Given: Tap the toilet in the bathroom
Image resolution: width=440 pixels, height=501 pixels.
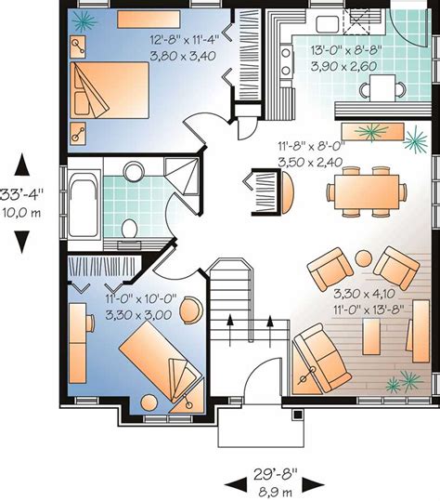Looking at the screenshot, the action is click(x=129, y=229).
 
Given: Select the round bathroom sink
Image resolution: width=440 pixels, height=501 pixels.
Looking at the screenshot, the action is click(x=134, y=171).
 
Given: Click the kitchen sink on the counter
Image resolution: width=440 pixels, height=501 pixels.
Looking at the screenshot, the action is click(x=328, y=24).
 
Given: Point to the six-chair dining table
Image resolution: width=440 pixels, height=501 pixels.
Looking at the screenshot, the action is click(x=367, y=191).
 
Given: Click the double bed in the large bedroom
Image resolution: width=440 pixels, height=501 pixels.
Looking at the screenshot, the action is click(x=110, y=90).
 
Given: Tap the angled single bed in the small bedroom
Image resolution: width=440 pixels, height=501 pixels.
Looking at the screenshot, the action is click(x=162, y=361).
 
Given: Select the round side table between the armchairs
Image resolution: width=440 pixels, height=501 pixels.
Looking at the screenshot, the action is click(x=364, y=258).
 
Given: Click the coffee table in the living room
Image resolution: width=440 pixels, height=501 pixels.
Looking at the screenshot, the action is click(x=371, y=336).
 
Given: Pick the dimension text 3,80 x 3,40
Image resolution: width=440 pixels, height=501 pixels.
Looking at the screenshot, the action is click(x=183, y=56).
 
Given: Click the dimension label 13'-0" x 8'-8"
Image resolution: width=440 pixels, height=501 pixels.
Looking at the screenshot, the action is click(x=346, y=50).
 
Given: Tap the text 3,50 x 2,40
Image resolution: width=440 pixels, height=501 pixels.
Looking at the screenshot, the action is click(x=310, y=163).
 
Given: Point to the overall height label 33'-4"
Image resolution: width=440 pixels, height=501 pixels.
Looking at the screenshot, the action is click(x=21, y=194).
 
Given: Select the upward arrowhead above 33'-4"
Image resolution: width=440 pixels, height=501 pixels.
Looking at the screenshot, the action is click(x=21, y=165).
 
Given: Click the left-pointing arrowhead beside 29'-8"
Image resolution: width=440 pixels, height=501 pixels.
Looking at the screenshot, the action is click(x=236, y=485).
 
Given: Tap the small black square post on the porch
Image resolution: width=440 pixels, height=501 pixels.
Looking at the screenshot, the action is click(x=298, y=415).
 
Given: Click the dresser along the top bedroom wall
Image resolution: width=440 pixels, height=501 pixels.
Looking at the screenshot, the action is click(x=149, y=20).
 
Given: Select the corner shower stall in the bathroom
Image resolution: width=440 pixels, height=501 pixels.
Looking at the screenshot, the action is click(x=181, y=176).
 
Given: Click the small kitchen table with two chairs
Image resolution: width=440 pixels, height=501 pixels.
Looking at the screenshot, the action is click(x=382, y=88).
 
